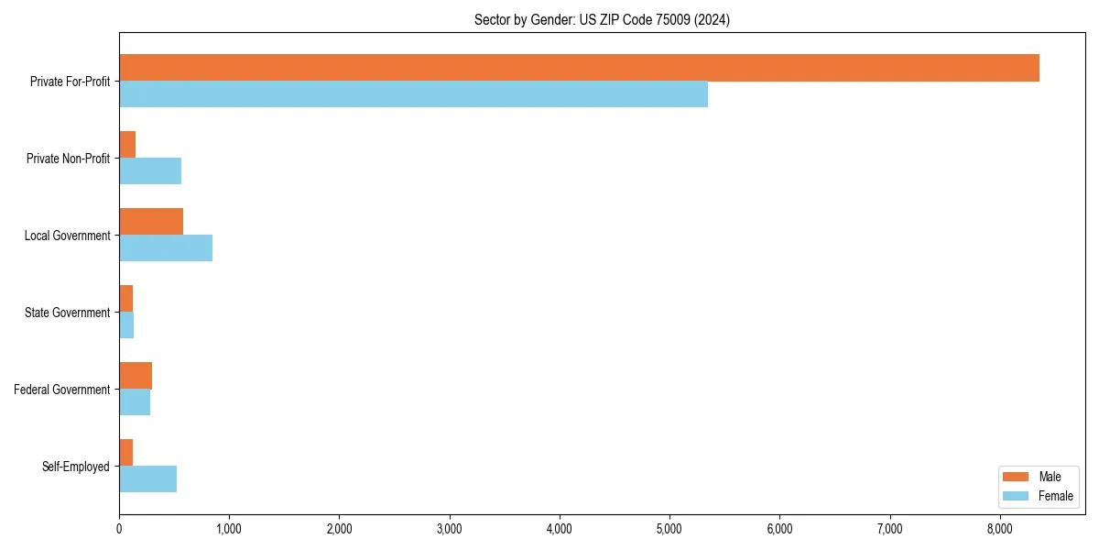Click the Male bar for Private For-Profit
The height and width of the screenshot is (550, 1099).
[x=579, y=68]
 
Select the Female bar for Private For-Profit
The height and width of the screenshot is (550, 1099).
[x=413, y=93]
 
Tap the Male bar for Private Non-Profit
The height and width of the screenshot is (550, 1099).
[x=127, y=145]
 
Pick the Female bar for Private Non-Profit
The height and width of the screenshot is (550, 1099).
[x=150, y=170]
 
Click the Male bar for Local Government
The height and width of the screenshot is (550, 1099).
[x=151, y=222]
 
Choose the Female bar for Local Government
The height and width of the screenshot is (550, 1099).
[x=166, y=247]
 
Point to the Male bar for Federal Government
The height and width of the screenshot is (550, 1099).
[x=136, y=376]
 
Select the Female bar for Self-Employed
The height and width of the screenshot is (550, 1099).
[x=147, y=478]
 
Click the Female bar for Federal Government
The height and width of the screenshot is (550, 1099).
[x=135, y=401]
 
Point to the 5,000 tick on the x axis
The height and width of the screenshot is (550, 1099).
[x=669, y=528]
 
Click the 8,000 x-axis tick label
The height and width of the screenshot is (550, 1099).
[x=999, y=528]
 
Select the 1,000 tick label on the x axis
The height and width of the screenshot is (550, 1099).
[x=229, y=528]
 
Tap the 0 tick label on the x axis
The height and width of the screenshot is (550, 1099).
[x=119, y=528]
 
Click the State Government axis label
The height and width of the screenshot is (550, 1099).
[x=68, y=313]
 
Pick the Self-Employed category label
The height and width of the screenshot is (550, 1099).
[x=76, y=467]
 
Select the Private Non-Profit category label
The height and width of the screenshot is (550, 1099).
[x=68, y=159]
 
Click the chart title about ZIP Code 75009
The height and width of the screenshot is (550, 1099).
[x=602, y=19]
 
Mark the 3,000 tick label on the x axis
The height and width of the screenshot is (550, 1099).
[x=449, y=528]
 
